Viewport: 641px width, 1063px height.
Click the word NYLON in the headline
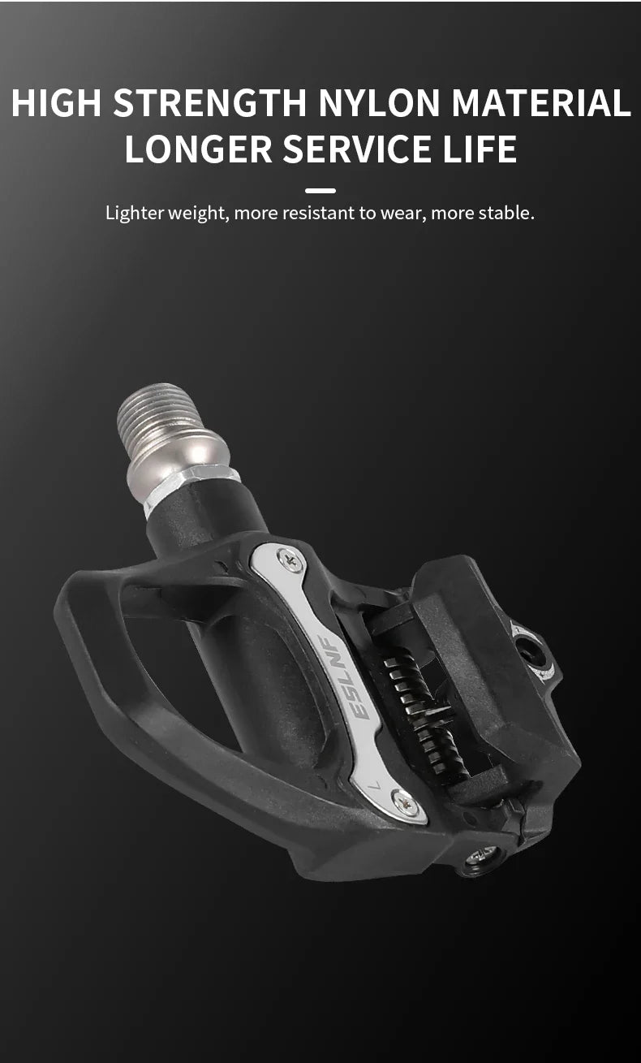[380, 102]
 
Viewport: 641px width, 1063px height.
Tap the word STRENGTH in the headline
[209, 102]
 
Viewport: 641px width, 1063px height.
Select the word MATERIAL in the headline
[541, 102]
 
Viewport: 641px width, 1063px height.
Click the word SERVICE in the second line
[357, 149]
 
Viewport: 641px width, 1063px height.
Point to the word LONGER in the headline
[198, 149]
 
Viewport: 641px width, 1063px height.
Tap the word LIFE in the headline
[480, 149]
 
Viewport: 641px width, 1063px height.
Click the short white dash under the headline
[320, 191]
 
